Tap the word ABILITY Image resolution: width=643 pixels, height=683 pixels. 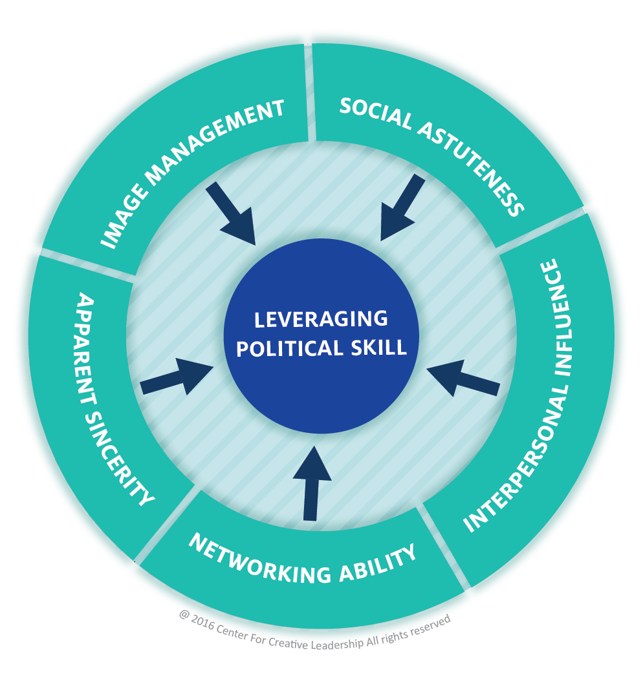(381, 562)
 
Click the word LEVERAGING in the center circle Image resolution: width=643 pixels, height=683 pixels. (321, 319)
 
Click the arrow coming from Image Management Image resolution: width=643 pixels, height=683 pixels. (230, 213)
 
